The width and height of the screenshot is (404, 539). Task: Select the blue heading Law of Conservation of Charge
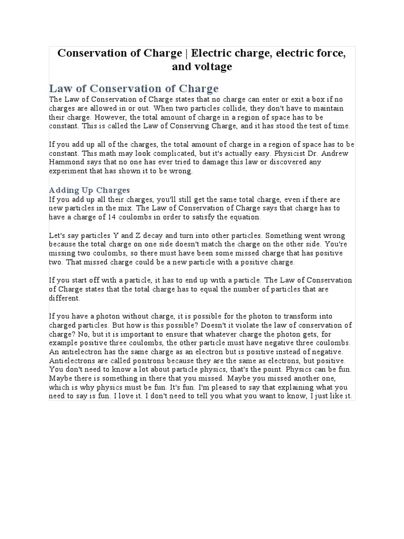[134, 88]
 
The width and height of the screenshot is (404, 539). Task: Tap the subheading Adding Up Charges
[89, 190]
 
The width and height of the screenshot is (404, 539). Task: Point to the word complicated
[149, 153]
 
